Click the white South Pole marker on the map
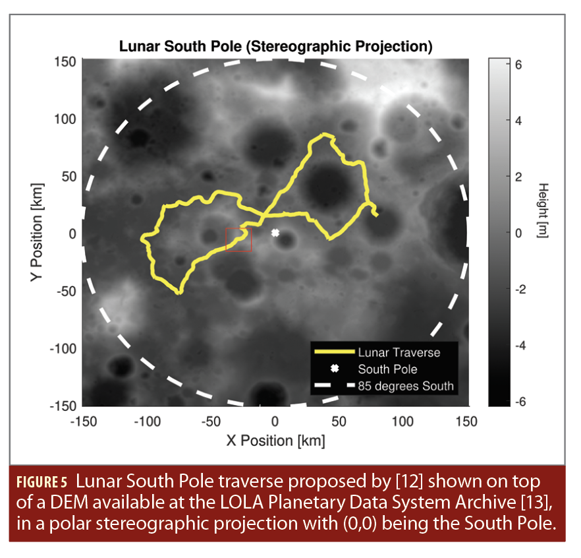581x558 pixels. (x=275, y=232)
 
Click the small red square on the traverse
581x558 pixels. (x=238, y=239)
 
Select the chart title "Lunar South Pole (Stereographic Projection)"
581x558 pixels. (x=275, y=47)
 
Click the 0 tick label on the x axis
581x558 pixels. (x=275, y=421)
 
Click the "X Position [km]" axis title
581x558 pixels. (x=275, y=440)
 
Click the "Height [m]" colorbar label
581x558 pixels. (x=543, y=210)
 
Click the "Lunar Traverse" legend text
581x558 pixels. (x=399, y=352)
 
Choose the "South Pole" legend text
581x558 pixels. (x=387, y=369)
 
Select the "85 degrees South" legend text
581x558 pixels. (x=406, y=385)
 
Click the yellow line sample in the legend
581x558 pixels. (x=334, y=352)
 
